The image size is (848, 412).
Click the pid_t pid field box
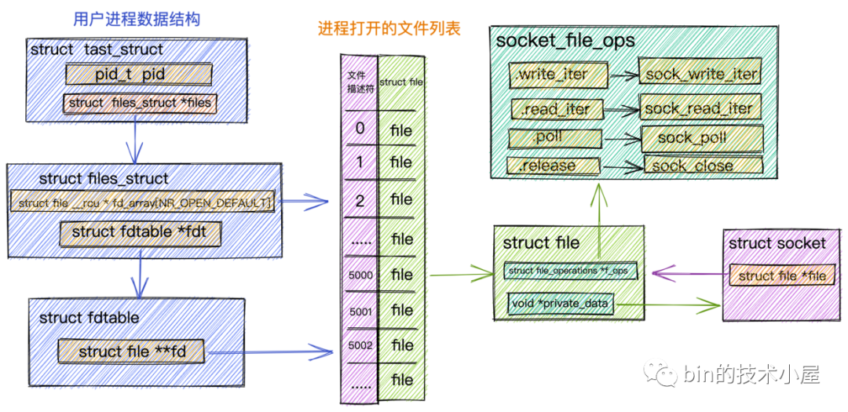click(138, 75)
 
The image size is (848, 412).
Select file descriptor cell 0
click(360, 128)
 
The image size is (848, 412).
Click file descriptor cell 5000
click(360, 275)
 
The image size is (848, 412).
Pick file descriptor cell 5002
click(360, 345)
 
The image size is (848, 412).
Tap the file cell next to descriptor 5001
click(401, 310)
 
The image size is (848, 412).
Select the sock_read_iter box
click(697, 108)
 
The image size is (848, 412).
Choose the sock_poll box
click(702, 138)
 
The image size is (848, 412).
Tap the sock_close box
click(702, 166)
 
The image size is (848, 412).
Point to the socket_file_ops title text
click(565, 40)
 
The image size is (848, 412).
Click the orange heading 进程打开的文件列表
click(389, 29)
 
